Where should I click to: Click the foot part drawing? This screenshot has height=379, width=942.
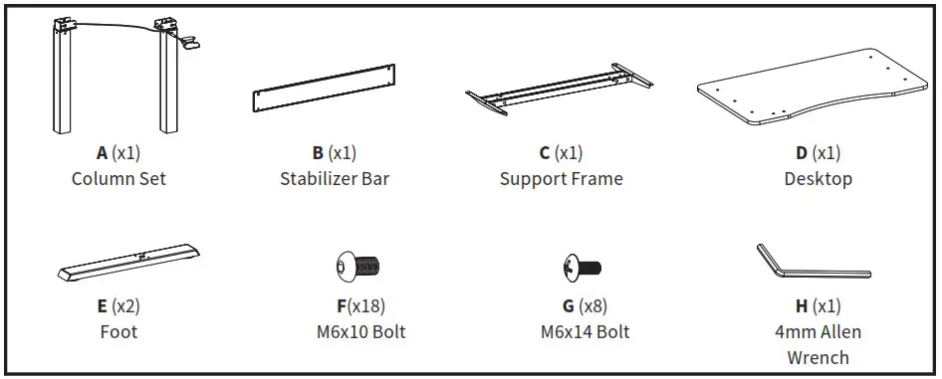point(125,263)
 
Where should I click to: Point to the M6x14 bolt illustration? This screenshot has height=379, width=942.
point(582,267)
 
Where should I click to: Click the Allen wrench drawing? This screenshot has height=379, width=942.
point(807,263)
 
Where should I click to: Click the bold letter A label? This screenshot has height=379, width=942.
point(102,153)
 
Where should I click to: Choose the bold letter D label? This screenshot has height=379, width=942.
point(802,153)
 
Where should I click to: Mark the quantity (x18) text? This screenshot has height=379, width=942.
point(365,306)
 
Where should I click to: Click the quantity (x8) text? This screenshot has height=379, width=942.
point(591,306)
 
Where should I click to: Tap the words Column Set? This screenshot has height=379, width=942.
point(118,179)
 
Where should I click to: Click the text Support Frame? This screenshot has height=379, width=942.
point(561,179)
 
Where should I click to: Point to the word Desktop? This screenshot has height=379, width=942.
point(818,179)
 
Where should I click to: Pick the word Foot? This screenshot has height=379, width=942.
point(118,331)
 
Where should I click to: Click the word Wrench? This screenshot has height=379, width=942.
point(817,357)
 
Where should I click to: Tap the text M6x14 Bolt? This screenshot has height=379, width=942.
point(585,331)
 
